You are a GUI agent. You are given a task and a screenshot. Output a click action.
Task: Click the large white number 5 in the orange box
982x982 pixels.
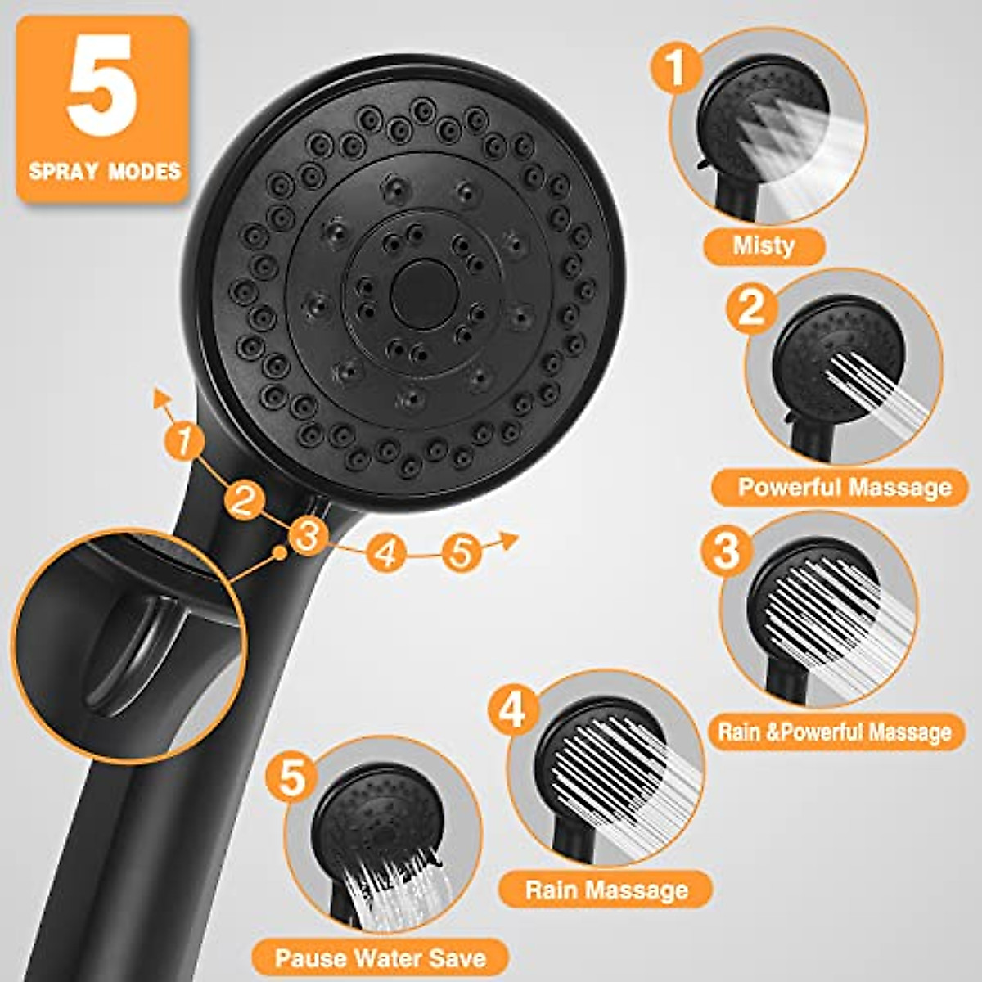pos(101,85)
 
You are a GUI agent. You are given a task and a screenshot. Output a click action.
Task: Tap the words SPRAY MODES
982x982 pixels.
pos(104,171)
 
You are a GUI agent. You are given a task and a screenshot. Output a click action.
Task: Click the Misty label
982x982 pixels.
pos(763,245)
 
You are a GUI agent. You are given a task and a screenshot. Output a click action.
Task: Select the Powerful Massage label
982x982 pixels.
pos(844,488)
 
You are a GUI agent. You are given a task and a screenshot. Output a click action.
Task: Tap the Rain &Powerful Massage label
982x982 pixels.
pos(835,731)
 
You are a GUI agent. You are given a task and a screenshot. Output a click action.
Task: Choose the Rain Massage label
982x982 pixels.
pos(606,890)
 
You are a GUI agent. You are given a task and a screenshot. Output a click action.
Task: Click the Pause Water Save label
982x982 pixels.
pos(380,958)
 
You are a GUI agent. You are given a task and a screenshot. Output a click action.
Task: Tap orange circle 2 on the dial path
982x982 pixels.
pos(243,499)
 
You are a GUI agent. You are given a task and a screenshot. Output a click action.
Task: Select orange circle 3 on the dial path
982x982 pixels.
pos(308,537)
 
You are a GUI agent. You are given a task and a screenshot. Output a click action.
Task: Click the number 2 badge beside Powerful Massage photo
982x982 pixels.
pos(751,309)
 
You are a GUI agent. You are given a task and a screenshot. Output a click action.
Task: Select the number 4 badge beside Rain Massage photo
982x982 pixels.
pos(512,709)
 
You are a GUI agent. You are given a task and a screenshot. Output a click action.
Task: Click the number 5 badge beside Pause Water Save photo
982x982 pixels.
pos(291,775)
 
